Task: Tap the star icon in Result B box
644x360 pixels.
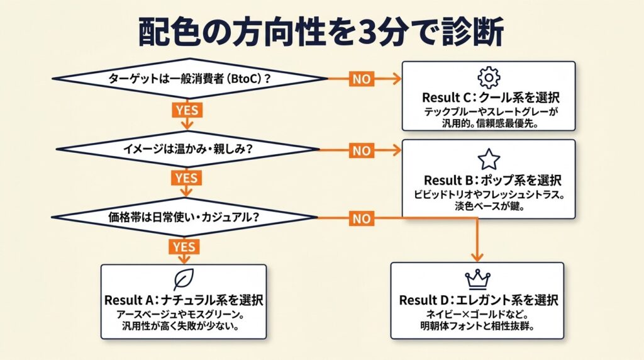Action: [x=488, y=158]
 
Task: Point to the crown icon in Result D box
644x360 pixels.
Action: [x=477, y=279]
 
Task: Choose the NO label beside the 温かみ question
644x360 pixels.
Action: [x=361, y=150]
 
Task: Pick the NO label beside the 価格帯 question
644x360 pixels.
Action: [x=361, y=219]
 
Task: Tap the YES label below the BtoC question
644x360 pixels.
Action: [x=187, y=110]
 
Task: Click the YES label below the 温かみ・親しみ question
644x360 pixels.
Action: [x=186, y=177]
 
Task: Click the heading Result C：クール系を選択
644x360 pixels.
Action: [x=491, y=99]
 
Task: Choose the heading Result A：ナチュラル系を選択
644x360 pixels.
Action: [x=184, y=300]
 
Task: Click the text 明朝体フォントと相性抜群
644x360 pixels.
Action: [x=477, y=327]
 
